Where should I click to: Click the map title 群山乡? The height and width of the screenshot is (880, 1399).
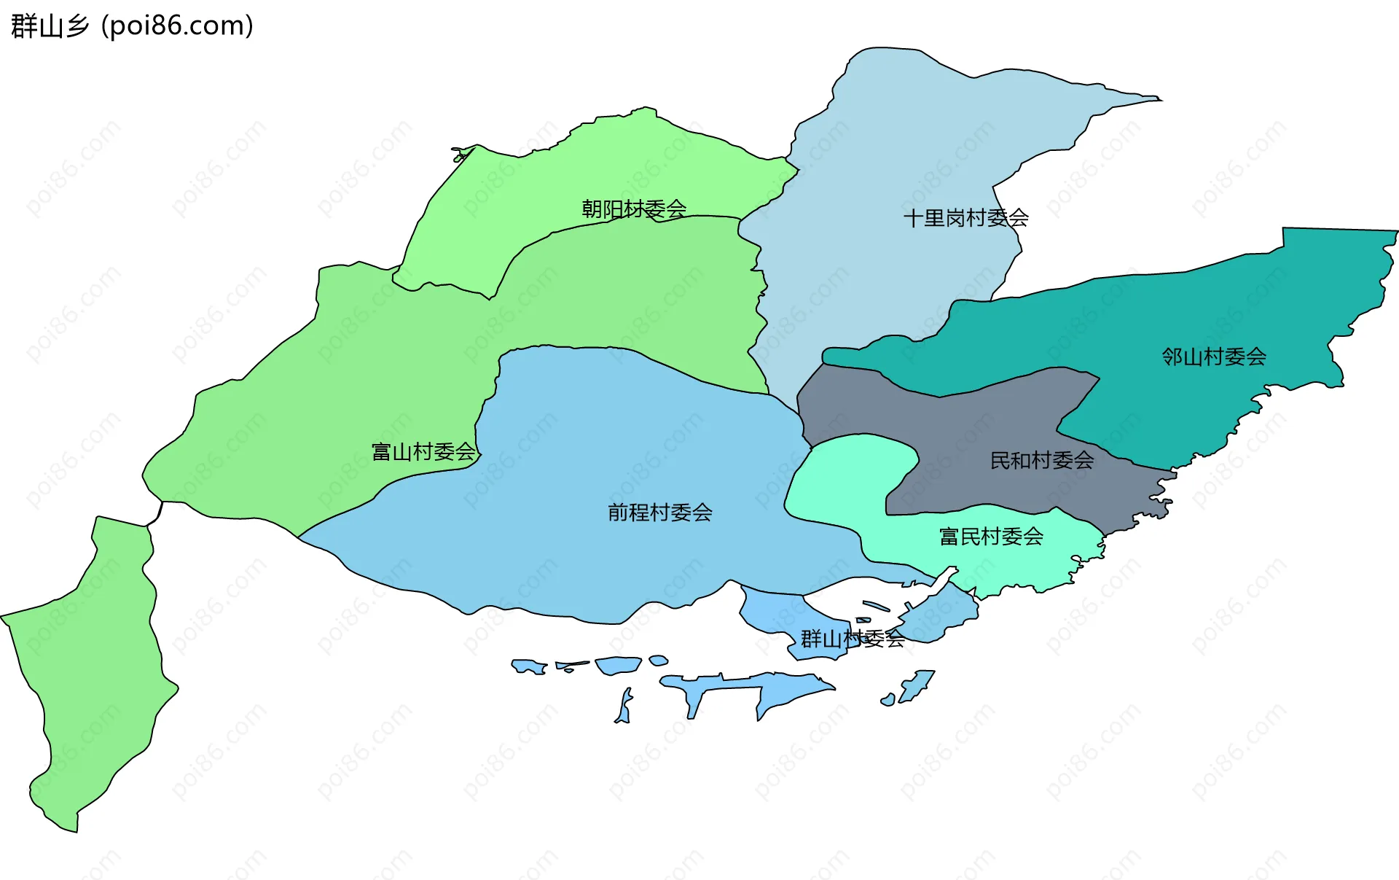point(50,26)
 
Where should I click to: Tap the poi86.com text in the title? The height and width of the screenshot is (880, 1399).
point(177,26)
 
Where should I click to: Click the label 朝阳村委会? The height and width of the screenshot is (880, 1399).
point(634,209)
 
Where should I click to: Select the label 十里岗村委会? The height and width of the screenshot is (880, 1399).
point(965,218)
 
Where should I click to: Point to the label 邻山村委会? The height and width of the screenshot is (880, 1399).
point(1214,357)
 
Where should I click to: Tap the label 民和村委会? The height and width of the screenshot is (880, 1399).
point(1042,460)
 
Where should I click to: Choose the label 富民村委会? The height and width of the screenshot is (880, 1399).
point(991,537)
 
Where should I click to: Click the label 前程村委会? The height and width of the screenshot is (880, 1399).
point(660,513)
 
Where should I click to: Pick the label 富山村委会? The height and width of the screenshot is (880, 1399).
point(423,452)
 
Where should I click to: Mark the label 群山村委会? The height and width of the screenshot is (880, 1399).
point(853,639)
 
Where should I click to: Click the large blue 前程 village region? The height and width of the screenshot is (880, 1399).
point(619,437)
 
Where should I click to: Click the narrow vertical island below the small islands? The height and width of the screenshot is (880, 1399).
point(624,706)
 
